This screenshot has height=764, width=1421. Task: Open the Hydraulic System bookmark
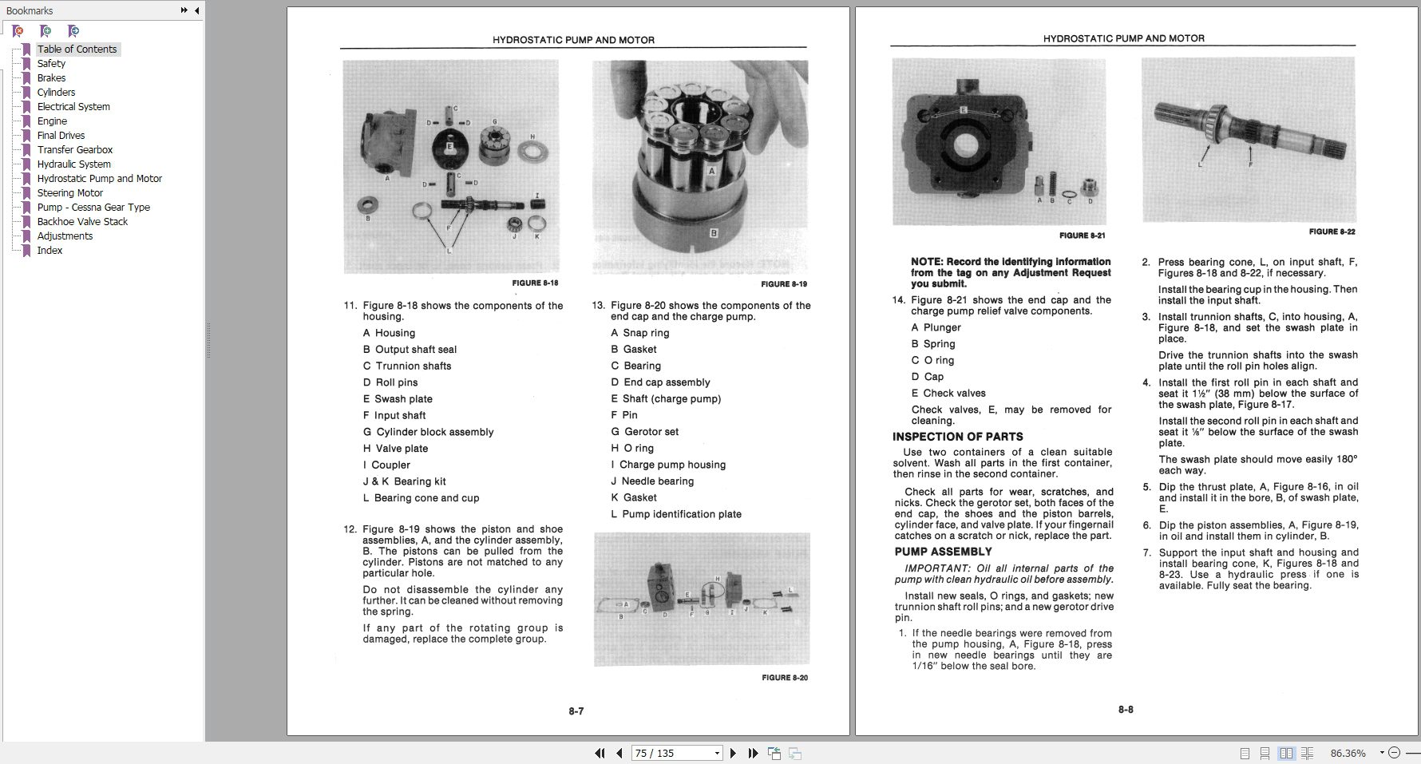pos(73,164)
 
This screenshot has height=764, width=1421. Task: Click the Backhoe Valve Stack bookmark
pos(82,221)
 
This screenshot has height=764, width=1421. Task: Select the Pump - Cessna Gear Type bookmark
pos(93,207)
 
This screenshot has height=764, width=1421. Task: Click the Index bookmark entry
pos(49,250)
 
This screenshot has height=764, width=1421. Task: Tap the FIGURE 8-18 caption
pos(535,283)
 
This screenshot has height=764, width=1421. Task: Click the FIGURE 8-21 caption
pos(1082,236)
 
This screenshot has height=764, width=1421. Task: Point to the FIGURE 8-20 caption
pos(784,678)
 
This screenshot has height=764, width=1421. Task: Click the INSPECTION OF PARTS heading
pos(957,437)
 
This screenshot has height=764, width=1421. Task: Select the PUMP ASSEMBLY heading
pos(943,552)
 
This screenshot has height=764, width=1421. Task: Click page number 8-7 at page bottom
pos(576,711)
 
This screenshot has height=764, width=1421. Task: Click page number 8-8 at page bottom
pos(1126,709)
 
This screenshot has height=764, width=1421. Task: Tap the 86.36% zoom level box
pos(1348,753)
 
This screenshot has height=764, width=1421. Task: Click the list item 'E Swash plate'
pos(398,399)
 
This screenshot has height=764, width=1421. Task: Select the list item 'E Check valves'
pos(948,393)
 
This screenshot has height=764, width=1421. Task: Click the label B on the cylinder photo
pos(714,234)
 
